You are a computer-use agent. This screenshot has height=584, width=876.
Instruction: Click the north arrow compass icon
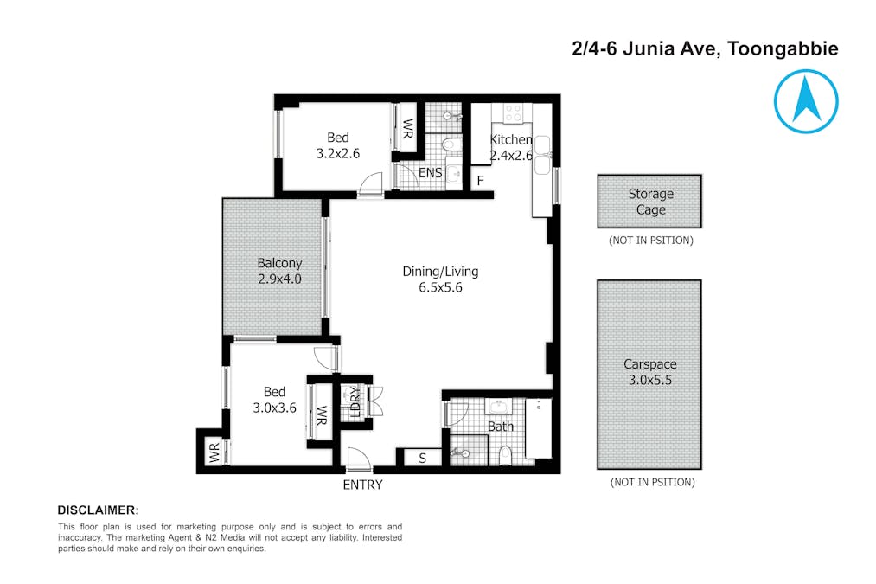pos(805,101)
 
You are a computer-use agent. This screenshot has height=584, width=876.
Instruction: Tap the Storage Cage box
pos(650,202)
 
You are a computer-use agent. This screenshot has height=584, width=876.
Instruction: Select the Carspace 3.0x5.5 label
pos(650,372)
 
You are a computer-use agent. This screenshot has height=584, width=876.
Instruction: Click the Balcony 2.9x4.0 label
pos(279,271)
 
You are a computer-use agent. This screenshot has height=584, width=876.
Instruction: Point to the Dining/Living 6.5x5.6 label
pos(440,279)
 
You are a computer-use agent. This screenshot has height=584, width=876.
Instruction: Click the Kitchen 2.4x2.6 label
pos(511,147)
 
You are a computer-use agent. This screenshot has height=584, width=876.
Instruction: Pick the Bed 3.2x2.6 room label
pos(337,144)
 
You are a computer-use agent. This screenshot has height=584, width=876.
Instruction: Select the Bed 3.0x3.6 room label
pos(274,400)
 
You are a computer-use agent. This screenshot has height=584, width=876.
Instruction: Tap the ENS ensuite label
pos(430,173)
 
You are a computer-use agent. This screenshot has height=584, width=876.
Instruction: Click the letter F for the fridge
pos(481,181)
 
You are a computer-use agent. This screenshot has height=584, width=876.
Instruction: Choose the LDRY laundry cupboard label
pos(355,402)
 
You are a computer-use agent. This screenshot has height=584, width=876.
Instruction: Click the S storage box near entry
pos(422,459)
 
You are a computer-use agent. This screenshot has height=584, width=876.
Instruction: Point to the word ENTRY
pos(362,485)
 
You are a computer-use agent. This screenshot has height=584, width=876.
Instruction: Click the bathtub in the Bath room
pos(539,428)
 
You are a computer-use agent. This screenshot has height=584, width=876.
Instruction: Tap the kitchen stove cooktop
pos(513,113)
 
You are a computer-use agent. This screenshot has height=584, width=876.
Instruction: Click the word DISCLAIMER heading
pos(98,510)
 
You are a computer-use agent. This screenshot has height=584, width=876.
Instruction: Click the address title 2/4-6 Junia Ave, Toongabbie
pos(704,49)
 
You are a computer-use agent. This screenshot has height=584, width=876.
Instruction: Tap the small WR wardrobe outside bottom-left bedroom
pos(213,452)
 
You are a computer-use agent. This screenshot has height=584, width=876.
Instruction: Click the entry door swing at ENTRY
pos(355,458)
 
